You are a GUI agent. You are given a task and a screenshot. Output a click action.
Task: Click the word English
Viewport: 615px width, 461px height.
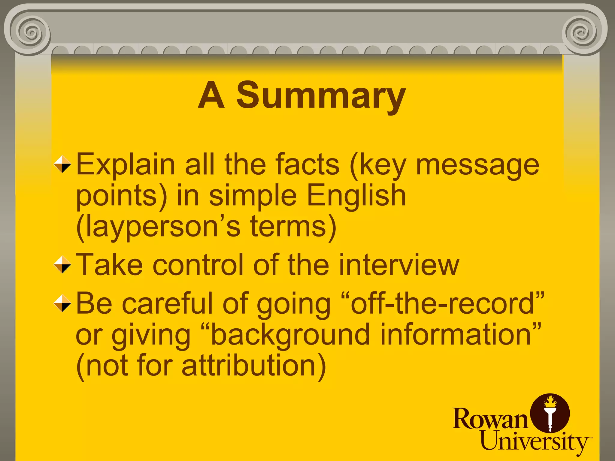click(x=356, y=196)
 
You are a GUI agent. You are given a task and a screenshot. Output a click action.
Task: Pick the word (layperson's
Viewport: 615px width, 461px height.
click(x=158, y=227)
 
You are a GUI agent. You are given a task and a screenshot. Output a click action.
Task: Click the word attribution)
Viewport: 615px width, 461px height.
click(x=254, y=366)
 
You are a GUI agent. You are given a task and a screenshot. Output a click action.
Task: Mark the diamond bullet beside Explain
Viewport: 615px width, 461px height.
click(x=62, y=164)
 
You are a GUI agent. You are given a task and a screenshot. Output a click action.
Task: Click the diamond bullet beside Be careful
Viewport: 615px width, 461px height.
click(x=62, y=303)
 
